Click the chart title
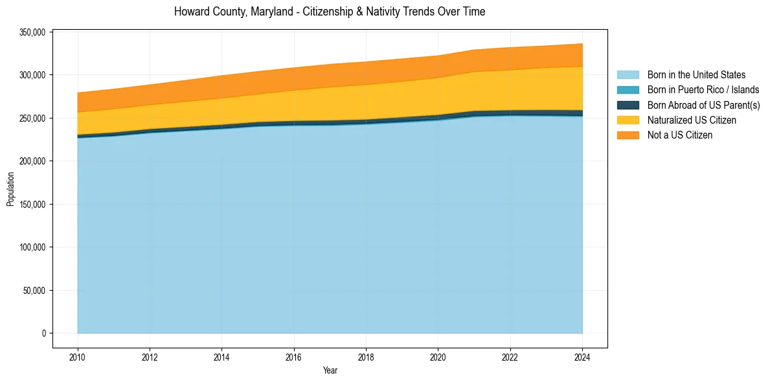(x=330, y=12)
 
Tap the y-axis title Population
(x=10, y=189)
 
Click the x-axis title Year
(x=330, y=371)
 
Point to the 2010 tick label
(x=77, y=356)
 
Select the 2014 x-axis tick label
(x=221, y=356)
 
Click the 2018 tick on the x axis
(x=366, y=356)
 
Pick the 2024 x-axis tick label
(x=582, y=356)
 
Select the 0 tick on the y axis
(x=44, y=333)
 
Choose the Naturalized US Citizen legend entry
(x=692, y=120)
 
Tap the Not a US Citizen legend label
(x=680, y=135)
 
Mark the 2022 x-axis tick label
(x=510, y=356)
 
